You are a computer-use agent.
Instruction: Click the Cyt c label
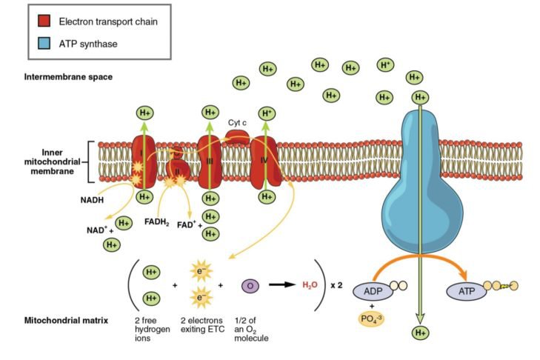pyautogui.click(x=237, y=122)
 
